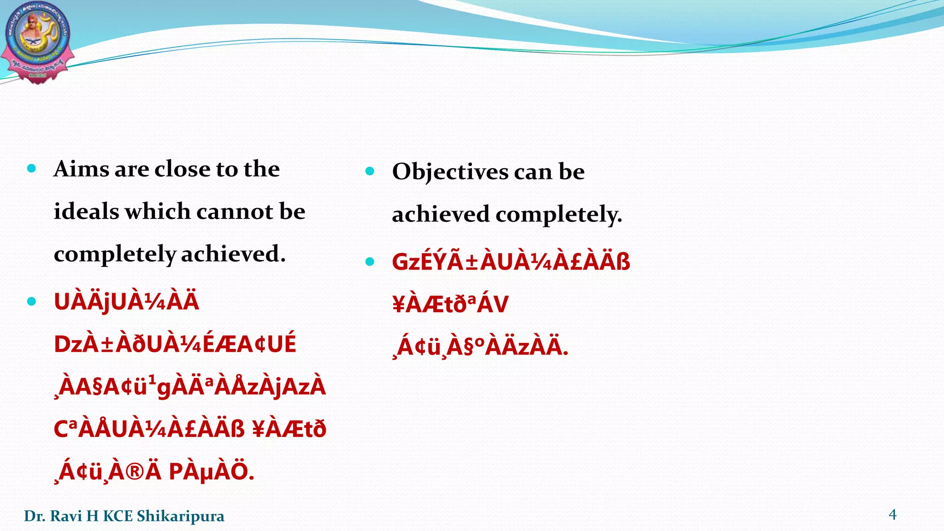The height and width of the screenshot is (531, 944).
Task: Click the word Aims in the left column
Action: pos(81,169)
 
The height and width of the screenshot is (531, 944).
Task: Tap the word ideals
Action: pos(86,212)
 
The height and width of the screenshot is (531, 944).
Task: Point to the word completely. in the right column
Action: pos(559,215)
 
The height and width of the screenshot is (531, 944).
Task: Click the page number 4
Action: pos(892,514)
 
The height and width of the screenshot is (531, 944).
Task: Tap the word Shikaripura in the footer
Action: pos(180,516)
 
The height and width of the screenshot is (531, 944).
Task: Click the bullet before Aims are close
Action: pos(31,169)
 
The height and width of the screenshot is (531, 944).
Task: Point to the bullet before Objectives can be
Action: pos(370,171)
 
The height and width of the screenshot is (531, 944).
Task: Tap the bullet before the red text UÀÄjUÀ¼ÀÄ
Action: pos(31,301)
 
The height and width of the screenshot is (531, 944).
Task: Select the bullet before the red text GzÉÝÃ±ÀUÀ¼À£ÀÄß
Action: pos(370,262)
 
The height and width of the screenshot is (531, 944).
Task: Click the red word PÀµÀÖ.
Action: pos(211,472)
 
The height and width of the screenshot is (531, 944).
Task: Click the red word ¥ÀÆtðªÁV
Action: pos(450,304)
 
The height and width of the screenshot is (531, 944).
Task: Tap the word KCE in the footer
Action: pos(117,516)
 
